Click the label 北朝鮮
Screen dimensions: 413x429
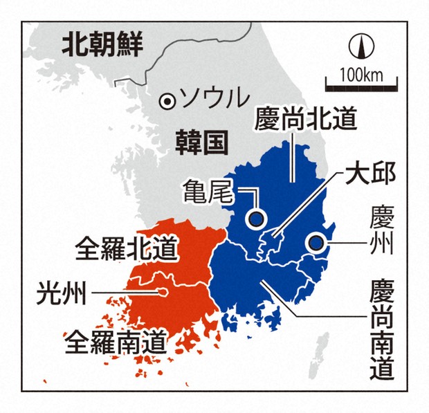coord(102,46)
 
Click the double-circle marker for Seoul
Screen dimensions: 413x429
coord(167,101)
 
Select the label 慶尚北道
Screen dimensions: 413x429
coord(305,118)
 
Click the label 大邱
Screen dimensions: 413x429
coord(369,173)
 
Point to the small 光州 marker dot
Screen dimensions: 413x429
coord(163,292)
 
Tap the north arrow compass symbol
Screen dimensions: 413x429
coord(360,47)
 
